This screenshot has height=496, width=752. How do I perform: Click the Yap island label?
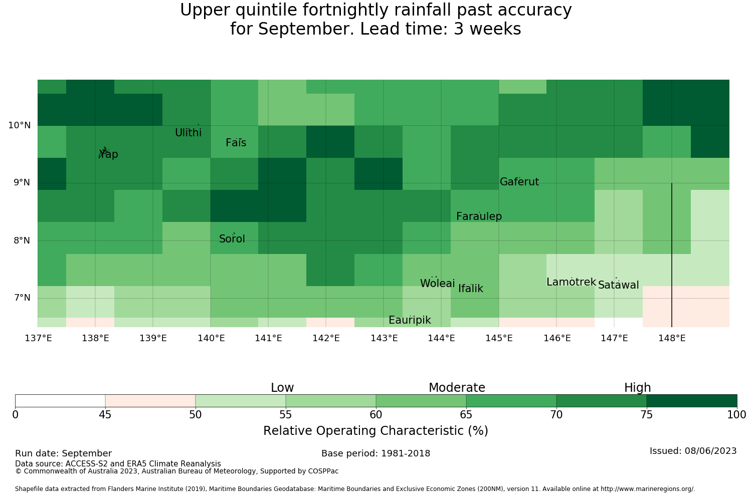(x=108, y=154)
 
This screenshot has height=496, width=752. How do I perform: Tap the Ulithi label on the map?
(x=189, y=133)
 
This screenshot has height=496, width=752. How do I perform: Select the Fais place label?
(x=236, y=143)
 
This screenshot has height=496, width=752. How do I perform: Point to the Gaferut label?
(x=519, y=181)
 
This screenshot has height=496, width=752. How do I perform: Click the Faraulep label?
(x=479, y=216)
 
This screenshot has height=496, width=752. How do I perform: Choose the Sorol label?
(x=232, y=239)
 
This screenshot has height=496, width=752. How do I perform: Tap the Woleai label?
(x=438, y=283)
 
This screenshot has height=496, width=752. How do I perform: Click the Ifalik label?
(x=471, y=289)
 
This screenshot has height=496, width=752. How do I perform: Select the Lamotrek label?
(x=571, y=282)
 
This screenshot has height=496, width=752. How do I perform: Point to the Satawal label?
(x=618, y=285)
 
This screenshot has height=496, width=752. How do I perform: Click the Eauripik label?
(x=410, y=320)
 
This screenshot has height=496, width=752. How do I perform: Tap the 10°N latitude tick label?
(x=20, y=126)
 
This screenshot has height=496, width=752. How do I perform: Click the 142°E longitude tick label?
(x=326, y=338)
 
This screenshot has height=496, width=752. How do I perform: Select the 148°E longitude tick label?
(x=672, y=338)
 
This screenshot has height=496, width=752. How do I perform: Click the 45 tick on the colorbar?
(x=105, y=415)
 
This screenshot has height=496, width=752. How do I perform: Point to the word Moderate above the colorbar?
(x=457, y=388)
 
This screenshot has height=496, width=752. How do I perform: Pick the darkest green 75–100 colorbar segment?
(x=692, y=401)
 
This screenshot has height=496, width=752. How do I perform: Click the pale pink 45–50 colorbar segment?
(x=150, y=401)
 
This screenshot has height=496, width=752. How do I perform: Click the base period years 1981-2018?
(x=406, y=453)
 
